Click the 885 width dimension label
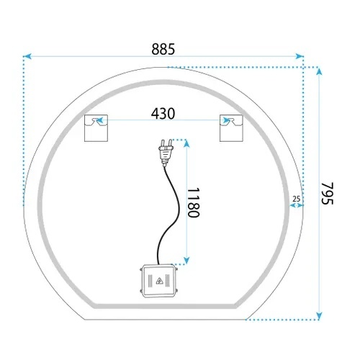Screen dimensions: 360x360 coord(163,49)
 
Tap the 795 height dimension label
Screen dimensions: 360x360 coord(328,194)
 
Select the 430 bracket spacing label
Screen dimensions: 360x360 coord(163,114)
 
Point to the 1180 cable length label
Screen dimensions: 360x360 coord(193,202)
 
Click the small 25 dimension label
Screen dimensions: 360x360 coord(297,199)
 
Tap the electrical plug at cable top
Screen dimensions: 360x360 coord(166,153)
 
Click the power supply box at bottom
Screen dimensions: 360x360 coord(158,281)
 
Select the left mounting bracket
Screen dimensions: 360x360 coord(96,128)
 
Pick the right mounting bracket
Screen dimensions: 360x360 coord(231,128)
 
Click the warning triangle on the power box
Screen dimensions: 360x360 coord(159,281)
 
